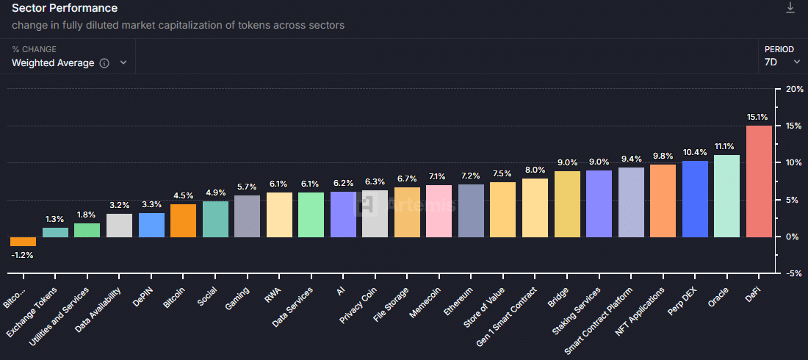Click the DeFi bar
(759, 181)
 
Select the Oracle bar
(726, 195)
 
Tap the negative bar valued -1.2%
(23, 242)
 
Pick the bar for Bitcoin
(183, 220)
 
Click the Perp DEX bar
(695, 198)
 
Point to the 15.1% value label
(757, 117)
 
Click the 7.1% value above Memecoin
(439, 176)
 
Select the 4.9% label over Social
(215, 192)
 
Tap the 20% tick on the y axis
(795, 89)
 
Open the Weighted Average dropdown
(70, 63)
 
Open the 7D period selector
(782, 62)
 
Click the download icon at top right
(790, 7)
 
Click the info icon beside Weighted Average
(104, 63)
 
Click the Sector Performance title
(65, 8)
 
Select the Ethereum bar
(471, 210)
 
